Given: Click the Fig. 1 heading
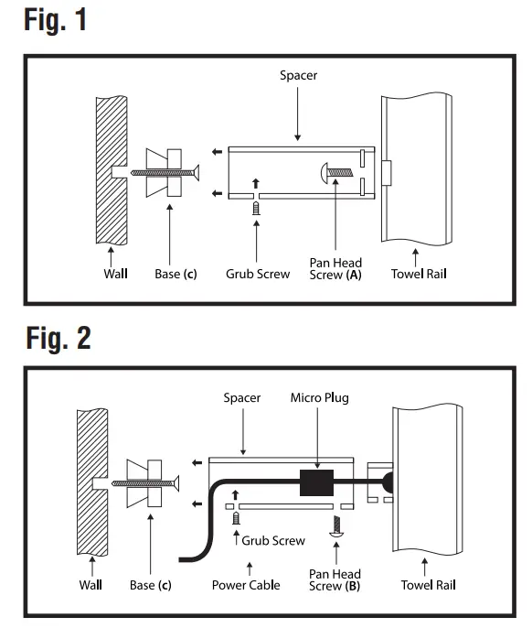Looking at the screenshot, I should [x=55, y=20].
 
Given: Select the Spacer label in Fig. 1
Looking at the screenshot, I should [x=298, y=75].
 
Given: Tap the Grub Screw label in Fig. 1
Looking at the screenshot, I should [x=258, y=273].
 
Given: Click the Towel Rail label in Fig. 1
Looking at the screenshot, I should [x=419, y=273].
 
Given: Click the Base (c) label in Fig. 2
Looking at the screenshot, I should [x=150, y=584].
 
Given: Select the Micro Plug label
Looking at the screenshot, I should [x=319, y=397].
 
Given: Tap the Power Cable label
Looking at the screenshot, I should [x=246, y=584].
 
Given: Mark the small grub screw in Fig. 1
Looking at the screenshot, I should [x=257, y=209].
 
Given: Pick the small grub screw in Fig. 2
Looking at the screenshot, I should [x=235, y=518].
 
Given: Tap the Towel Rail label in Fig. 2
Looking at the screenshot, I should [x=428, y=584].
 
